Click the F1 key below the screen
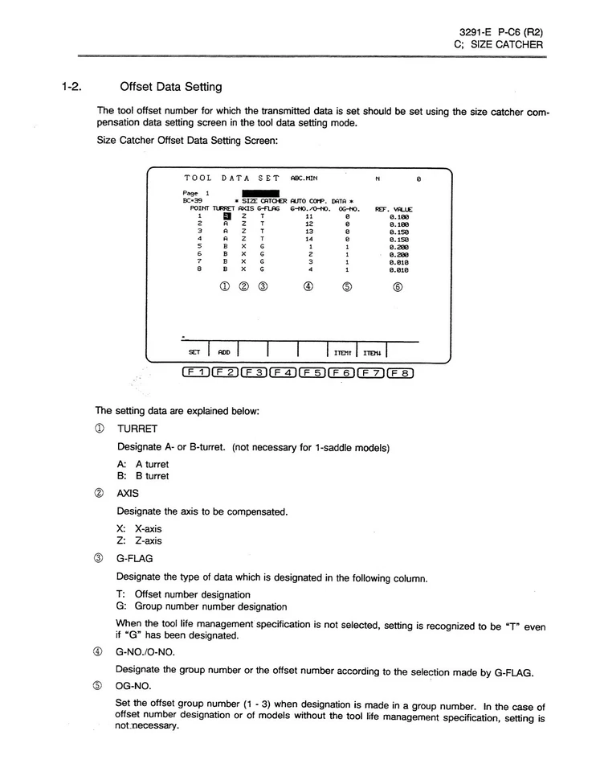pyautogui.click(x=197, y=372)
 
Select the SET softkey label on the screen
pyautogui.click(x=194, y=351)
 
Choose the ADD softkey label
pyautogui.click(x=223, y=351)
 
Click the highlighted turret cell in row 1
pyautogui.click(x=227, y=216)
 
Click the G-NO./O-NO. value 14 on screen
pyautogui.click(x=309, y=239)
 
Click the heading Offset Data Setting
pyautogui.click(x=170, y=86)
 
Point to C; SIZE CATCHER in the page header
pyautogui.click(x=498, y=44)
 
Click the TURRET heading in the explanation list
pyautogui.click(x=137, y=430)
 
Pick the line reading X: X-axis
pyautogui.click(x=139, y=528)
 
